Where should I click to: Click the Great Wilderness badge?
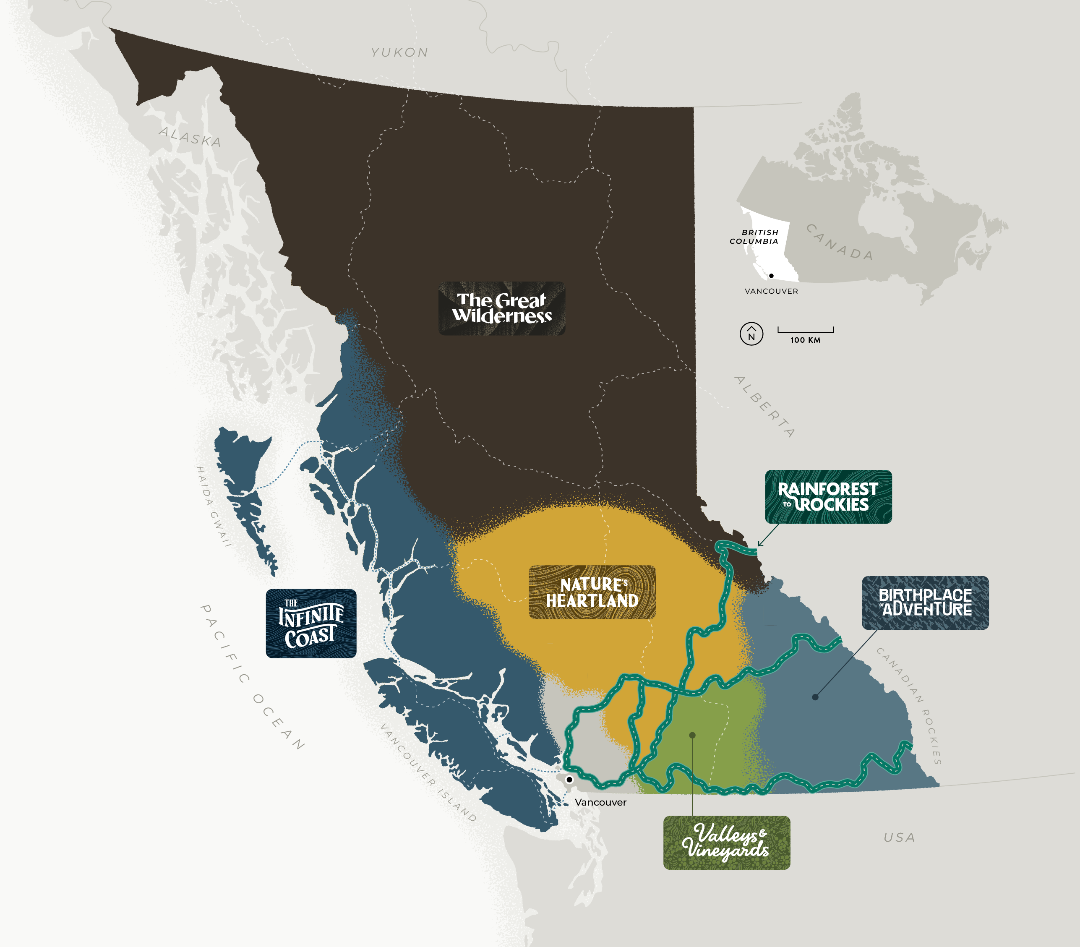(501, 308)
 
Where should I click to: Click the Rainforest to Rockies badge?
(828, 496)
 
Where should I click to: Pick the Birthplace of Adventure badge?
(925, 603)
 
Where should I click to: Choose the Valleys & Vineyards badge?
(727, 843)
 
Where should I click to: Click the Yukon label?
(399, 52)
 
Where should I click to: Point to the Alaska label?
(190, 137)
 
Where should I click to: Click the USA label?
(899, 837)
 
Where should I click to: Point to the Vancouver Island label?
(428, 772)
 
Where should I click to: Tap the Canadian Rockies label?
(909, 705)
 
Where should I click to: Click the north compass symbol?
(751, 334)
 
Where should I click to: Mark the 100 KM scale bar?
(805, 330)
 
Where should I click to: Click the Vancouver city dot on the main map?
(570, 780)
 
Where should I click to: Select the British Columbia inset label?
(754, 237)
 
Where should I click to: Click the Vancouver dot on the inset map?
(772, 275)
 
